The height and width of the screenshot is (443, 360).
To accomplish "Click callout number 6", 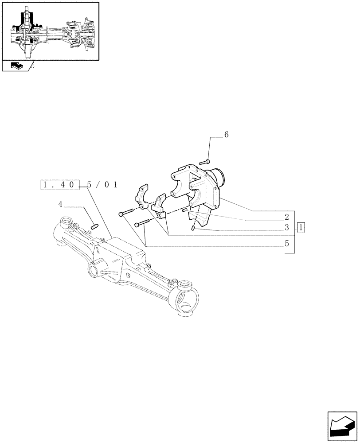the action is click(226, 135).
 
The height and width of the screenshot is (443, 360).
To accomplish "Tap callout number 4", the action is click(60, 204).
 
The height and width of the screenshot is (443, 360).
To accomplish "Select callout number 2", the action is click(287, 217).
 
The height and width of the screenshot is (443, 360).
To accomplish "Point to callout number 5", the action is click(287, 243).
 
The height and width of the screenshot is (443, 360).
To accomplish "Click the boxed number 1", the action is click(302, 228).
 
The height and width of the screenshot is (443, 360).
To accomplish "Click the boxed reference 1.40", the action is click(60, 185).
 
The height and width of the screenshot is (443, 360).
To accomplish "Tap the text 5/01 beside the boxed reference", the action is click(102, 185).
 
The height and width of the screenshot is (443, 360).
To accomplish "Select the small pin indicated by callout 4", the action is click(93, 227).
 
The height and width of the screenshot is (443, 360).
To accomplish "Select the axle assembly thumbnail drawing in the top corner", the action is click(50, 31).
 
